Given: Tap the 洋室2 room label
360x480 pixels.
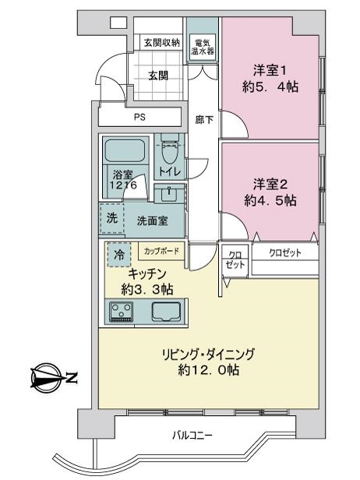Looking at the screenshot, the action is click(x=270, y=185).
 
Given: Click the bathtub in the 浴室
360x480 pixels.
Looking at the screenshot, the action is click(x=125, y=151).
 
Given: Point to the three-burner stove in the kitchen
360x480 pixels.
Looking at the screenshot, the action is click(x=122, y=311).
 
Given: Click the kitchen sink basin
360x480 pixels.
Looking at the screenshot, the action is click(x=166, y=312).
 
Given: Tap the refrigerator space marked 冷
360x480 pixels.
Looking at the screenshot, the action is click(x=119, y=254).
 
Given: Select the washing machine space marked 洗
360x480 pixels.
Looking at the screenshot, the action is click(x=112, y=218).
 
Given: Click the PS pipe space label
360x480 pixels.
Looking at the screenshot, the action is click(x=139, y=117).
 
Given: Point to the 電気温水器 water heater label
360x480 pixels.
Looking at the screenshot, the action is click(x=203, y=48).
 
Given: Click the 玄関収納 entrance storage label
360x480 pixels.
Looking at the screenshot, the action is click(x=161, y=43).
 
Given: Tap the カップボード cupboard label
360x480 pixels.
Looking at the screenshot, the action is click(x=161, y=252).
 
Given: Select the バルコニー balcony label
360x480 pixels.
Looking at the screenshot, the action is click(x=192, y=435).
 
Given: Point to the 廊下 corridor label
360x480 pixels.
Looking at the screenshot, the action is click(x=204, y=120).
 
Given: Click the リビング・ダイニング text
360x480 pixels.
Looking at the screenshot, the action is click(x=208, y=355).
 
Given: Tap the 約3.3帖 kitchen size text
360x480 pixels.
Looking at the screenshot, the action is click(x=147, y=289).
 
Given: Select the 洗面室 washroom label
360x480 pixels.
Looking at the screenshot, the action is click(x=152, y=221).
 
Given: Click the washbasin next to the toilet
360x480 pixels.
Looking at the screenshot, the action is click(x=169, y=193).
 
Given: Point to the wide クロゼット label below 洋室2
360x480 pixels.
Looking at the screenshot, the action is click(x=285, y=252).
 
